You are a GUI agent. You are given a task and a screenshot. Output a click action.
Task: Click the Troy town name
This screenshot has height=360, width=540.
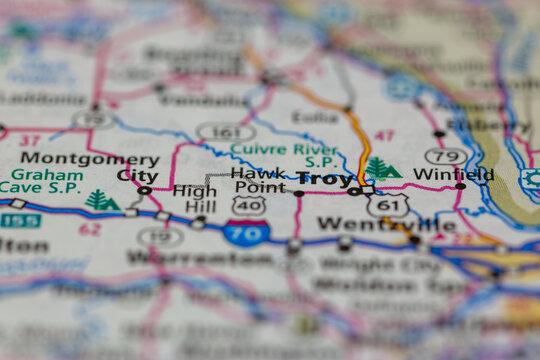pos(324,179)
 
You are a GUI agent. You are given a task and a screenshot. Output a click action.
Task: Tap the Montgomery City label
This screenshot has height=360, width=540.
pos(90,166)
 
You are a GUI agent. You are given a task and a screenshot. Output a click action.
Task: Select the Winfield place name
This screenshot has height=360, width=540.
pos(453,174)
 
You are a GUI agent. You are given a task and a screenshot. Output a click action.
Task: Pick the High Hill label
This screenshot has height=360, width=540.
pos(194,198)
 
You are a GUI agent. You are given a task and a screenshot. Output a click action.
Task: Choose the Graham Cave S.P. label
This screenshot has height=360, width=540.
pos(41,178)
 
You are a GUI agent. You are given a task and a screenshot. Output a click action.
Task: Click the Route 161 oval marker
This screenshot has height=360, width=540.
pos(225,131)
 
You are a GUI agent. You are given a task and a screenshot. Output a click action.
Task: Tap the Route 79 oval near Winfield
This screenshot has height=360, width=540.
pos(445,156)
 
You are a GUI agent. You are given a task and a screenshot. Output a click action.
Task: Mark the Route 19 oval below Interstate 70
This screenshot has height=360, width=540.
pos(160,236)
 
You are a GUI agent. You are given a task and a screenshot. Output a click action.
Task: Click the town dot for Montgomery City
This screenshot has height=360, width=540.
pos(145,190)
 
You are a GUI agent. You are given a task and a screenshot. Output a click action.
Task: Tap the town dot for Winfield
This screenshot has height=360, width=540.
pos(460,186)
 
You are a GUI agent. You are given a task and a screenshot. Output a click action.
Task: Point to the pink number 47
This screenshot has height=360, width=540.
pos(384,135)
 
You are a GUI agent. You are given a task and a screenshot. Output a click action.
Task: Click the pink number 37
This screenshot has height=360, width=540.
pos(30,141)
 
